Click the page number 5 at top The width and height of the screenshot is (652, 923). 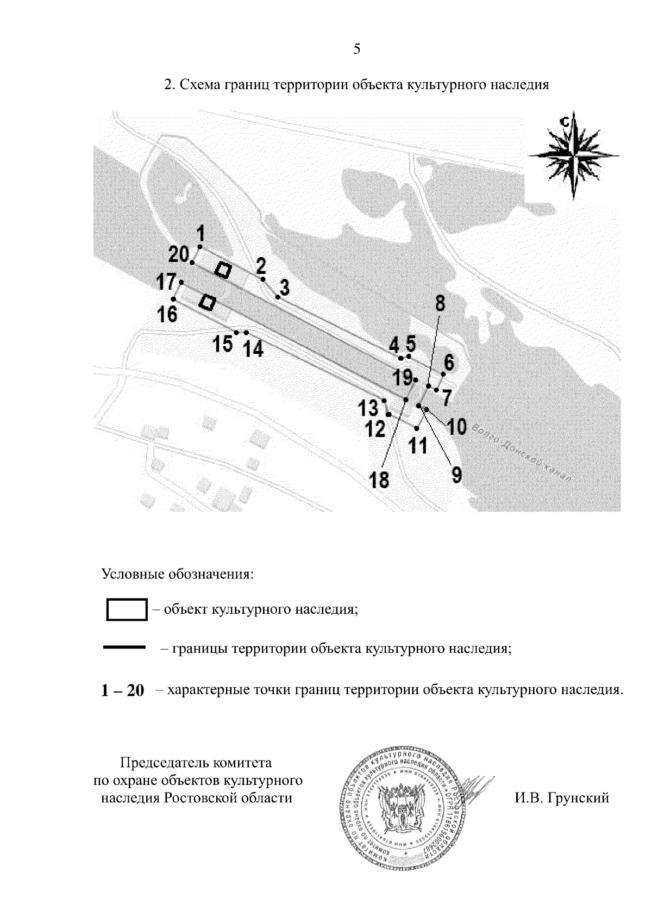coord(356,49)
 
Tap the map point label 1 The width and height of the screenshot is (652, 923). coord(200,234)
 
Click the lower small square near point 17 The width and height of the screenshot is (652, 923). coord(207,302)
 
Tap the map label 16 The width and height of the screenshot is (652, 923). coord(167,314)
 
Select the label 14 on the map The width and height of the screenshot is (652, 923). coord(253,348)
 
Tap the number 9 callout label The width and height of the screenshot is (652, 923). coord(456,475)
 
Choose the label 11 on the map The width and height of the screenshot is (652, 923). coord(418,446)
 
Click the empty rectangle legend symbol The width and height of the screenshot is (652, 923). coord(127,609)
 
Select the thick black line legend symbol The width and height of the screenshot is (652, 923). coord(124,647)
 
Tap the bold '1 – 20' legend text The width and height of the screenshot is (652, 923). coord(123,691)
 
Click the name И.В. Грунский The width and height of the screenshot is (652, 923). coord(561,798)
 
